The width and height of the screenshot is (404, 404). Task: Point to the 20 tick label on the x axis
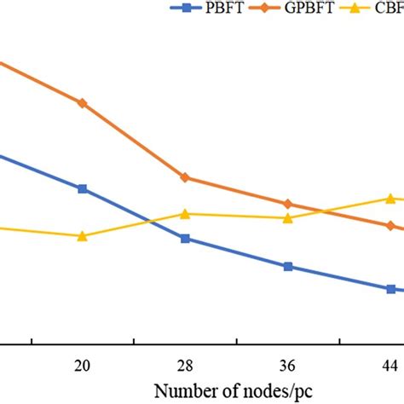click(x=83, y=366)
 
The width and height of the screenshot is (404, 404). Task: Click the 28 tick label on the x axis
click(x=185, y=366)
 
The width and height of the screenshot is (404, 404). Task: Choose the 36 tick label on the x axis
click(x=287, y=366)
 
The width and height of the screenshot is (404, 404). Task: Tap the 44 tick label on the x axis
click(x=390, y=366)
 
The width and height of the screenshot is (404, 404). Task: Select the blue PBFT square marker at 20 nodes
click(x=83, y=188)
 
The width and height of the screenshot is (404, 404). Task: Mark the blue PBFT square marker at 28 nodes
click(x=185, y=239)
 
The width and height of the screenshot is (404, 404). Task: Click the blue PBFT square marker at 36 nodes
click(x=287, y=267)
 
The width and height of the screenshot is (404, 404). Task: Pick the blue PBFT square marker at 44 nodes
click(x=390, y=289)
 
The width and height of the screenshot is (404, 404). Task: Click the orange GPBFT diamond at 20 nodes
click(x=83, y=103)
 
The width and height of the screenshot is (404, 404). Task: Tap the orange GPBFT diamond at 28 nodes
click(x=185, y=177)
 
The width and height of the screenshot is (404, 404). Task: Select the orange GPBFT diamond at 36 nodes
click(x=287, y=204)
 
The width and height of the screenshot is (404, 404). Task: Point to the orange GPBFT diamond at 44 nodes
click(x=390, y=227)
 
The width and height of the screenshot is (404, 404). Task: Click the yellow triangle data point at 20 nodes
click(x=83, y=235)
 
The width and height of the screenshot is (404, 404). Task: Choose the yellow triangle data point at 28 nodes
click(x=185, y=213)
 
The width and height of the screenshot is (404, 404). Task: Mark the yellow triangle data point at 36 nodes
click(x=287, y=217)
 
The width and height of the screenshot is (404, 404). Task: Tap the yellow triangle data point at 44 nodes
click(x=390, y=198)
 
